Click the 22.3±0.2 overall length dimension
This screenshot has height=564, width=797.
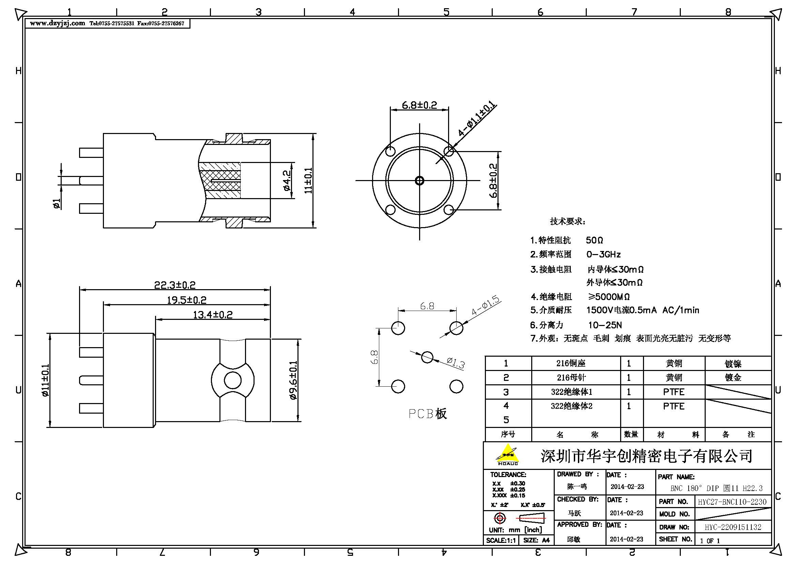[174, 285]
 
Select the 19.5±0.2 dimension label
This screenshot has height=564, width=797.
[186, 300]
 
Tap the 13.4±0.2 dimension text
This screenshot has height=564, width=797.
[212, 315]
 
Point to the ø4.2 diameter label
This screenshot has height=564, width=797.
[287, 181]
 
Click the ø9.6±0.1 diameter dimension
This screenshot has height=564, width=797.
[293, 380]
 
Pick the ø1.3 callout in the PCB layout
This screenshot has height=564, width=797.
[456, 363]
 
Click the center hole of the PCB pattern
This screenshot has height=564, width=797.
[427, 357]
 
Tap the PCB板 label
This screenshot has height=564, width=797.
[427, 414]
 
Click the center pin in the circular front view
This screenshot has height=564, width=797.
[419, 181]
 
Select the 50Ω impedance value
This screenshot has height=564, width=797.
[594, 240]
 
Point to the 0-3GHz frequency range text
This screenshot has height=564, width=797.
[603, 255]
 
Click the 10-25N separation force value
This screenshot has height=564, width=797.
[605, 325]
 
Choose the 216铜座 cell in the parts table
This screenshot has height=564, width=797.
[571, 363]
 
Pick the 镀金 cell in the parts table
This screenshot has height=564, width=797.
[733, 377]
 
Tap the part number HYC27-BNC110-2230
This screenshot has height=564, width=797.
[732, 502]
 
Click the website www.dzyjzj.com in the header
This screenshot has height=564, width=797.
[57, 23]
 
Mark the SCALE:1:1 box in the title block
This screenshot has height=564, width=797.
[501, 540]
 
